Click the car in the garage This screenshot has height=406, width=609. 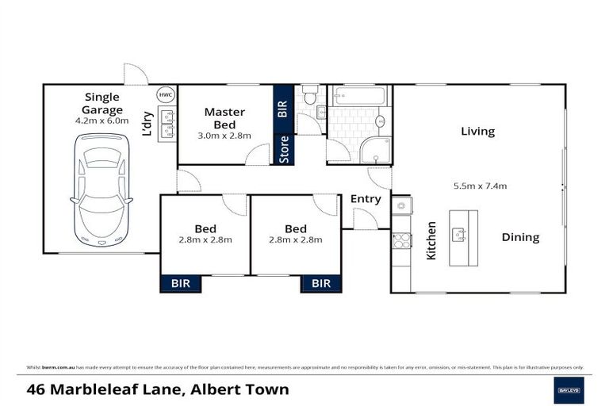coord(101,190)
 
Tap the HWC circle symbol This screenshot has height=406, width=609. coord(165,94)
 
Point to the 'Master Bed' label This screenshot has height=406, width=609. coord(224,118)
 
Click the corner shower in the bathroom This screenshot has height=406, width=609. coord(375,150)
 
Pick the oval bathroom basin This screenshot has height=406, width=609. coord(380,121)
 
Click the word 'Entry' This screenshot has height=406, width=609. coord(365,199)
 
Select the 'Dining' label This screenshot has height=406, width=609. coord(519,237)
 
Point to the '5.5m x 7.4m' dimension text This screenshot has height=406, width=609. coord(480,186)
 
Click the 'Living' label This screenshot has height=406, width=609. coord(477,132)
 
